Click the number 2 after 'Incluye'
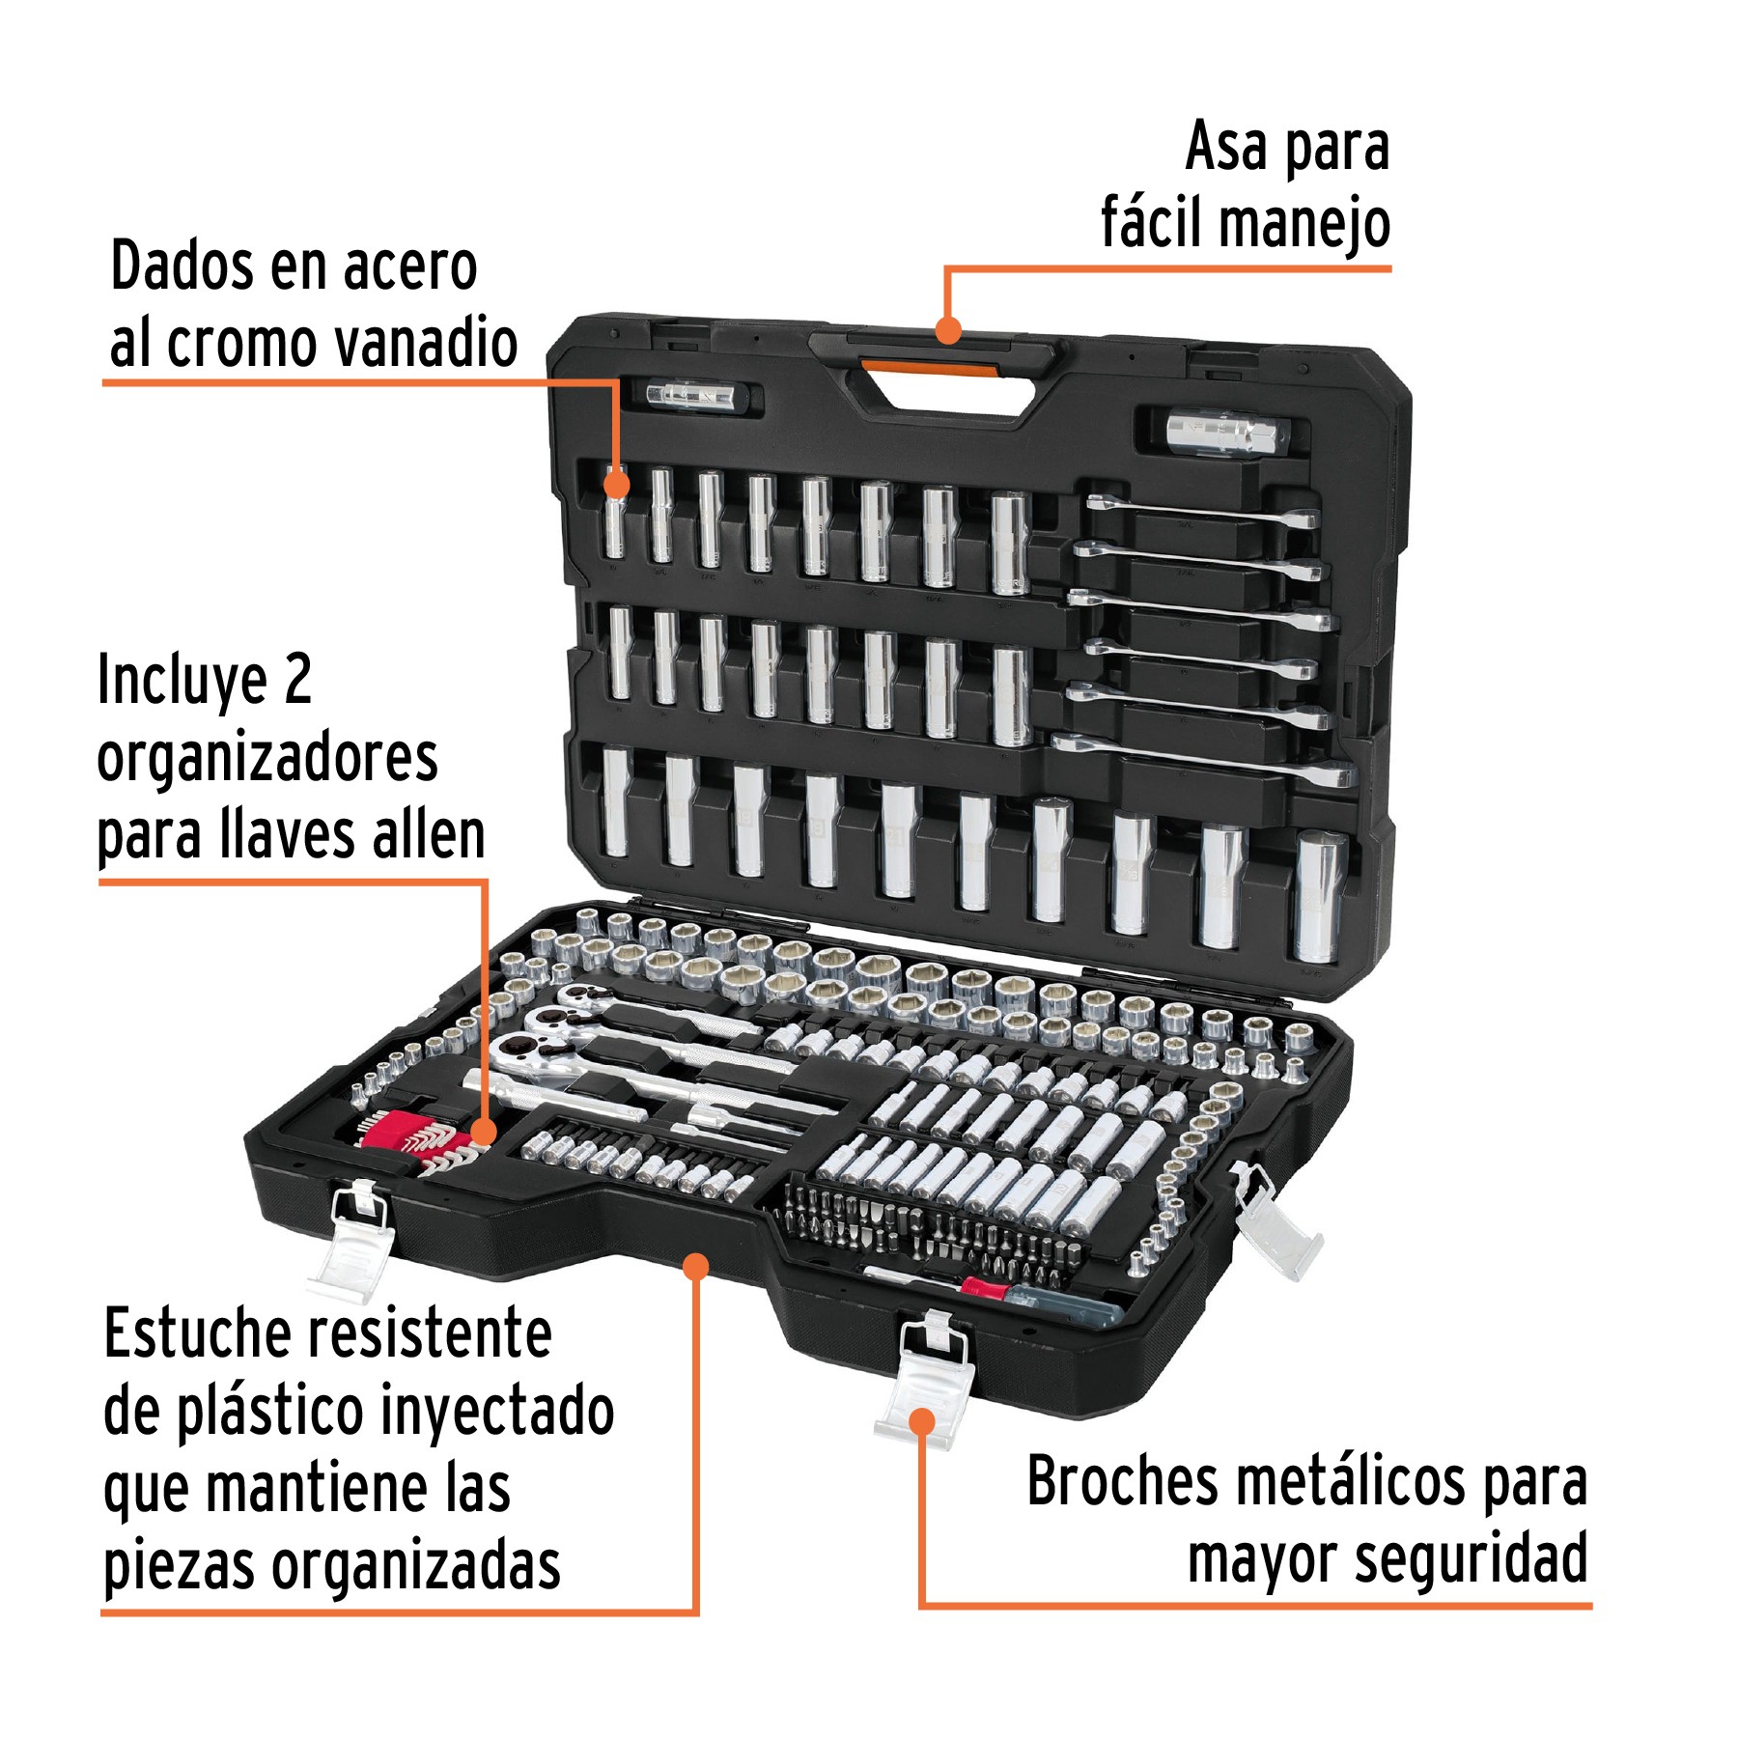point(297,680)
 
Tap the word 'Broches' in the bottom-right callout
point(1123,1482)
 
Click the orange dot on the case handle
point(949,331)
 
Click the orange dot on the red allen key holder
point(484,1132)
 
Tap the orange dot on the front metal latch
point(923,1421)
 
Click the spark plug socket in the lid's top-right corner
point(1224,432)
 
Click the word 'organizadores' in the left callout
point(267,758)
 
